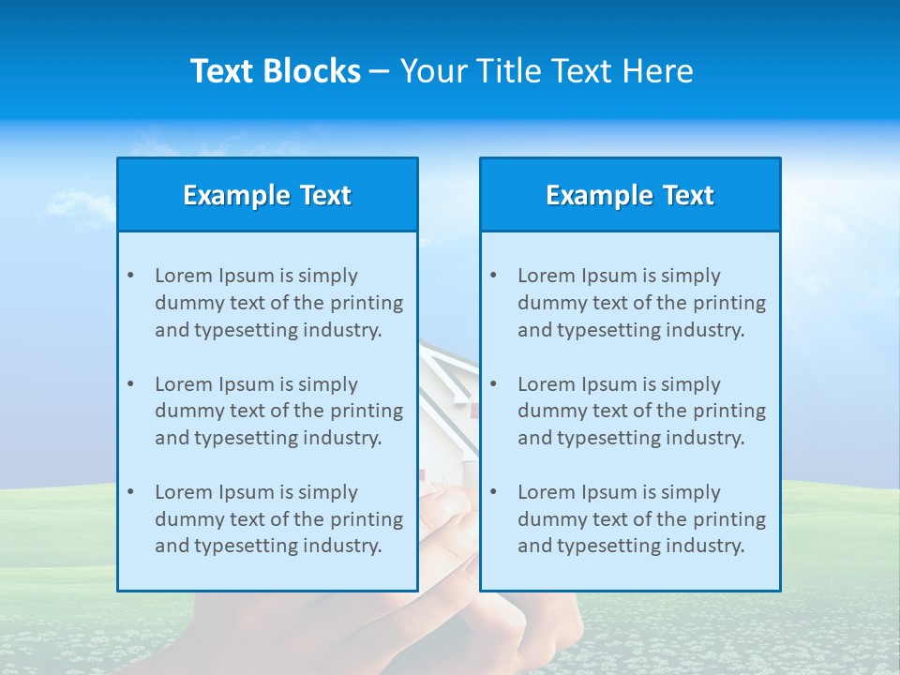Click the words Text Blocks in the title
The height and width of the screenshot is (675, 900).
276,71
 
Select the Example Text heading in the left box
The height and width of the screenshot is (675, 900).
267,195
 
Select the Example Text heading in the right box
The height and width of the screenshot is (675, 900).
630,195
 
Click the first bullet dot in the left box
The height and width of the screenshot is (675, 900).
130,276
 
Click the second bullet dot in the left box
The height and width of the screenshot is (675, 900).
130,384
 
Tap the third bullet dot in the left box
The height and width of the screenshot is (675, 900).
130,492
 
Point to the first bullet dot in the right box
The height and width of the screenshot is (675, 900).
493,276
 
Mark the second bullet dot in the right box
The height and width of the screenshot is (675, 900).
493,384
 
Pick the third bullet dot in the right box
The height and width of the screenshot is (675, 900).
493,492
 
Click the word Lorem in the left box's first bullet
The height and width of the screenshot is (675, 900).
184,276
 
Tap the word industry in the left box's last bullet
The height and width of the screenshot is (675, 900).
342,546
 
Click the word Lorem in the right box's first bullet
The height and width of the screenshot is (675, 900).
547,276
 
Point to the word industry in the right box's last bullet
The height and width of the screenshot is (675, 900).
705,546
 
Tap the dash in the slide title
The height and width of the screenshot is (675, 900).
380,72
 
